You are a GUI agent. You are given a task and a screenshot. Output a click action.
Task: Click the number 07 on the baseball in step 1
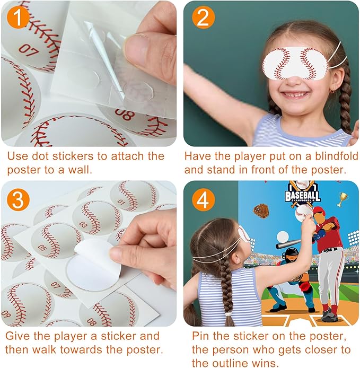[28, 50]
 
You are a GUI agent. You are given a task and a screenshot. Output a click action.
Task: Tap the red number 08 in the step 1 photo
[125, 115]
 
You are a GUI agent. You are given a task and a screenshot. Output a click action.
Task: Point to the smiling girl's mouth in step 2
[291, 95]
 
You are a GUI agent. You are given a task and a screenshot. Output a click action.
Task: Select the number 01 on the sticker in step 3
[121, 202]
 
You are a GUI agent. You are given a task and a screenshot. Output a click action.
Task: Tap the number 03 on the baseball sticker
[83, 224]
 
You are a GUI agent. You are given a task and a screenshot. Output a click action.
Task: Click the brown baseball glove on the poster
[260, 211]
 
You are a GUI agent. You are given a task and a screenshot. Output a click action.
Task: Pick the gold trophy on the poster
[342, 199]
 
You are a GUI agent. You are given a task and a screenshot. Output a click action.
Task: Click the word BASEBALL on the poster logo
[304, 197]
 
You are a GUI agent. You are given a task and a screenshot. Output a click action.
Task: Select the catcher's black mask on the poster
[291, 255]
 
